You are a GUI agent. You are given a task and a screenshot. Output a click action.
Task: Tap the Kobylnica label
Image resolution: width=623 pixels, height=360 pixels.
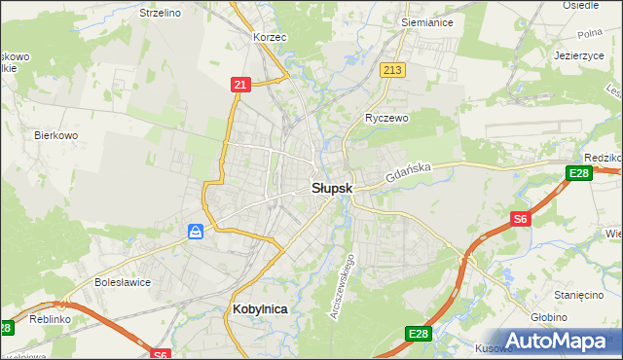pos(261,308)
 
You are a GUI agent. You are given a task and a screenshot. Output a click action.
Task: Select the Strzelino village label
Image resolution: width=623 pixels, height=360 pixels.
pos(161,14)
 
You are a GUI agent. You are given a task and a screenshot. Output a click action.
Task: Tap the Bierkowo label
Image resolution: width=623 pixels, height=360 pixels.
pos(55,135)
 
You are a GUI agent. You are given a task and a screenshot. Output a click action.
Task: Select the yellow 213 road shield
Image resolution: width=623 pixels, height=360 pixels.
pos(393,70)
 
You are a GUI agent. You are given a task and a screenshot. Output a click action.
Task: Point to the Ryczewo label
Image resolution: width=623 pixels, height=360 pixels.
pos(386,118)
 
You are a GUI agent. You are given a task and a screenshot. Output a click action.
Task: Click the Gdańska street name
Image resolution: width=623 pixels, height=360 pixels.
pos(407,175)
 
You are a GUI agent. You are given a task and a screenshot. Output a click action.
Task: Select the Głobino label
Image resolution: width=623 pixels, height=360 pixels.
pos(577,316)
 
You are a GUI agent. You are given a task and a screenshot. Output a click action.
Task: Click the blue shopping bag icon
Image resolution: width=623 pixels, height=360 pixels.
pos(197,231)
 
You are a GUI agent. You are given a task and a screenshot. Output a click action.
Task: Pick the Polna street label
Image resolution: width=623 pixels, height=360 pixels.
pos(591,33)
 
